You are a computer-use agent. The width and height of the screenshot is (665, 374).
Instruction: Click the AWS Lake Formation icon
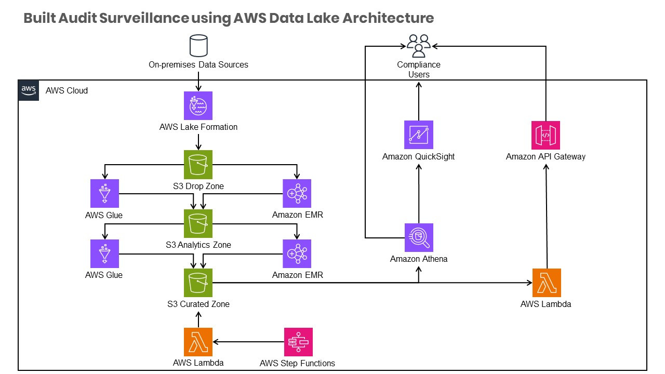(x=198, y=106)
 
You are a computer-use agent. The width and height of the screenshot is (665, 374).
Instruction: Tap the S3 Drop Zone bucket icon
(x=198, y=164)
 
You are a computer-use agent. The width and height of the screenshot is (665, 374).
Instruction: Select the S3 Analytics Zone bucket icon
(x=198, y=223)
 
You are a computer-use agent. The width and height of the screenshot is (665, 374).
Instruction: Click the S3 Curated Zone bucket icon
(x=198, y=283)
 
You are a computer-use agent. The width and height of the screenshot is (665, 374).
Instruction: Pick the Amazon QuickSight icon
(x=419, y=135)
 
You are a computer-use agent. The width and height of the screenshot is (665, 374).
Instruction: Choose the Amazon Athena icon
(x=419, y=237)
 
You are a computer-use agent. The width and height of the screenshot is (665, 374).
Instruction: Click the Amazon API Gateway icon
(x=546, y=135)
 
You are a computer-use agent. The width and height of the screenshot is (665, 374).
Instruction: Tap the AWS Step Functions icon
(x=298, y=341)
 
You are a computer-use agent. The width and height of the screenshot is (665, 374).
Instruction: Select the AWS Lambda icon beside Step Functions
(x=198, y=341)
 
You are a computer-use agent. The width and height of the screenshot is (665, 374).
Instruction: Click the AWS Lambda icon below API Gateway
(x=547, y=283)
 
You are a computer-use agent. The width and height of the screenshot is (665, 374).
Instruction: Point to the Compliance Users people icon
(x=419, y=46)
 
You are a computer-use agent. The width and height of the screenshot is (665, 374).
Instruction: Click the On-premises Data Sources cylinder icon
(x=198, y=45)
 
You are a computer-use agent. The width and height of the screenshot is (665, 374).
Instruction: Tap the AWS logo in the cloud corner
(x=29, y=90)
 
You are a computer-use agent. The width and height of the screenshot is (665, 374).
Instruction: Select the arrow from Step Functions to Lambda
(x=248, y=342)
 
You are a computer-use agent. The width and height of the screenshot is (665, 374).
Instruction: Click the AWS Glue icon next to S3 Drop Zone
(x=104, y=194)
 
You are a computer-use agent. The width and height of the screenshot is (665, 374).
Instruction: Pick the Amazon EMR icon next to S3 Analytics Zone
(x=297, y=253)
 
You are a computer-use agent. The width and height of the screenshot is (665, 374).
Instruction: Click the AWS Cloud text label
(x=67, y=90)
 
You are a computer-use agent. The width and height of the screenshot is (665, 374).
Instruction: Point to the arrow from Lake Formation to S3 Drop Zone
(x=198, y=142)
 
